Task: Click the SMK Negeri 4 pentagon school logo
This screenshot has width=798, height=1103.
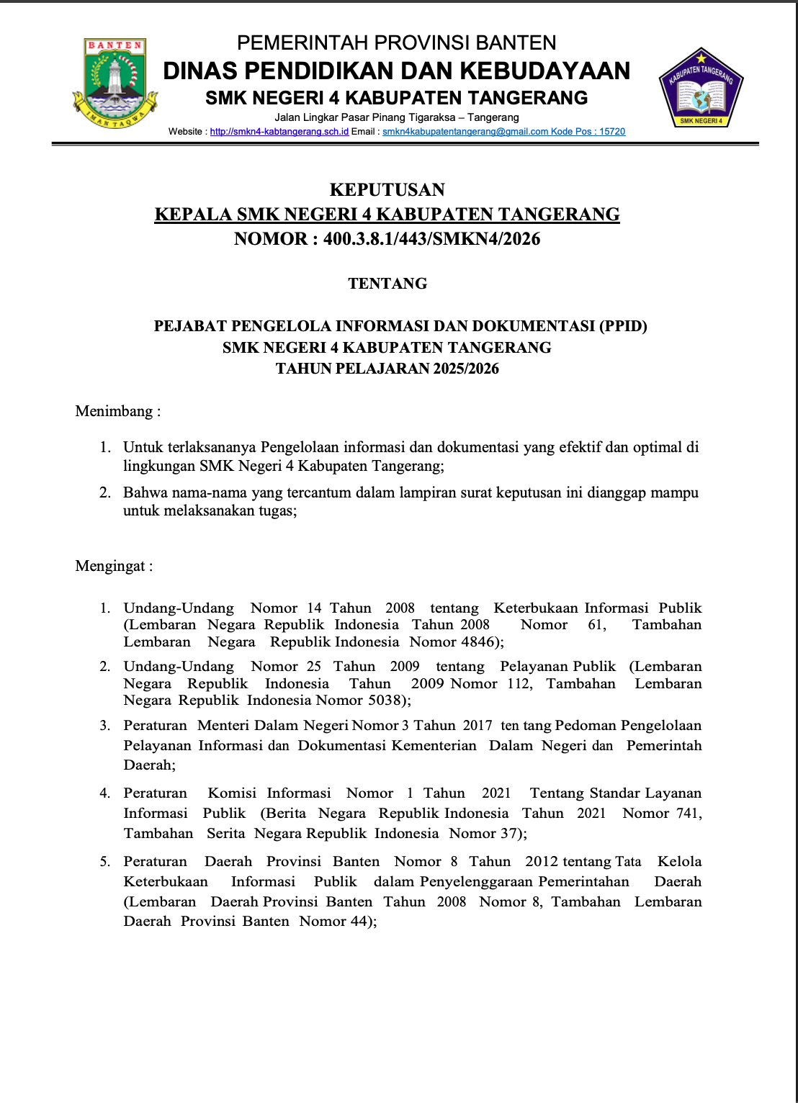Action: coord(701,89)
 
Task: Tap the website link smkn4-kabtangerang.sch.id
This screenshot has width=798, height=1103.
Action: coord(279,132)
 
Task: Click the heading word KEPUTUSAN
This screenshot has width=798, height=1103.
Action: coord(387,190)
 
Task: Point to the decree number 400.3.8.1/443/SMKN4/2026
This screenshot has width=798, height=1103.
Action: coord(431,239)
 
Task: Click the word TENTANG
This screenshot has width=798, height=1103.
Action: coord(387,284)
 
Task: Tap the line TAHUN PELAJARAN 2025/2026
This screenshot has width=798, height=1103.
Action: coord(387,369)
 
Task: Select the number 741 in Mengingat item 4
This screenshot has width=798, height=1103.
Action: coord(688,813)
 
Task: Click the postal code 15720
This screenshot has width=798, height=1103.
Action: coord(612,132)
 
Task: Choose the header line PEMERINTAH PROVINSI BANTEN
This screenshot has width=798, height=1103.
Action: coord(396,43)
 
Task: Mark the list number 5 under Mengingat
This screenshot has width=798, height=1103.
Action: coord(105,862)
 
